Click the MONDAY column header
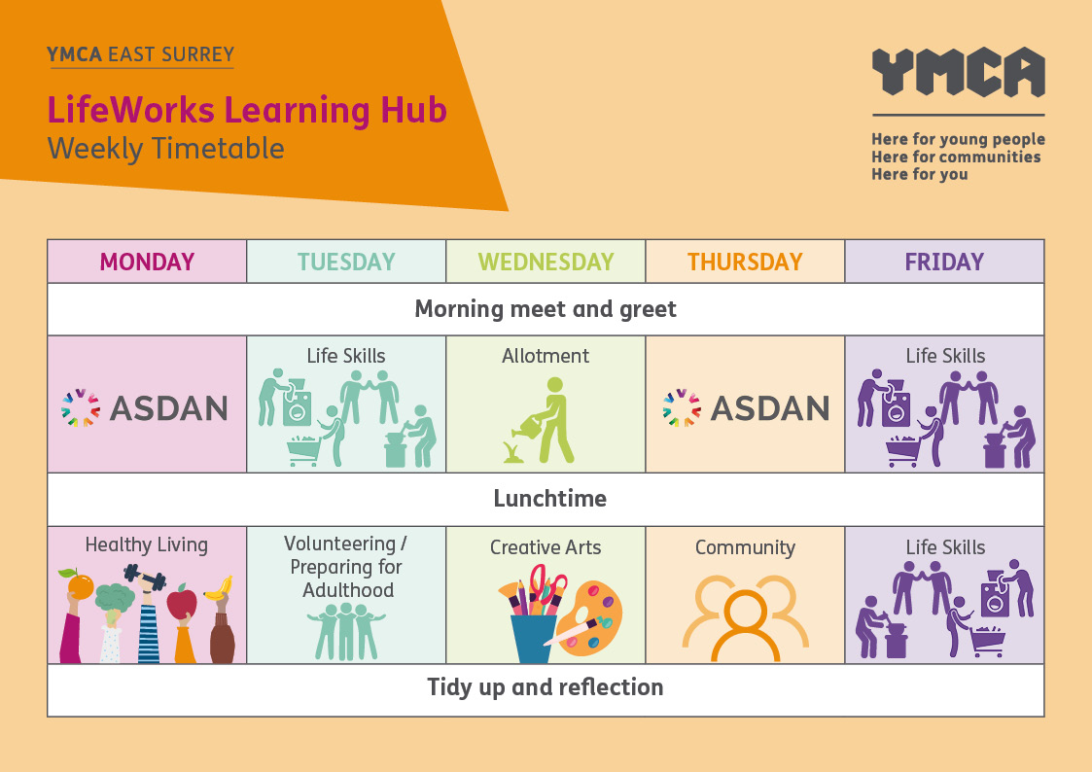click(147, 262)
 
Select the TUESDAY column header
click(346, 262)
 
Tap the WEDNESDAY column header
click(546, 262)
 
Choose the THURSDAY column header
click(745, 262)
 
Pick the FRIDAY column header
click(944, 262)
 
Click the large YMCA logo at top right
click(958, 72)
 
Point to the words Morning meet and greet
click(546, 309)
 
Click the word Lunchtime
click(549, 499)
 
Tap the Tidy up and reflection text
click(546, 687)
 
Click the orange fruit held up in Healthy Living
click(80, 585)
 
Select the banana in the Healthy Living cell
click(219, 589)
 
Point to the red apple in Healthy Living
click(182, 602)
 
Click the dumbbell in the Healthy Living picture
click(145, 578)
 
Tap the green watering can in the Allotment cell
click(528, 426)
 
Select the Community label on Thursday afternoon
click(745, 547)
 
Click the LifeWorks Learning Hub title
click(247, 110)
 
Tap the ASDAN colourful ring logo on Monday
click(80, 408)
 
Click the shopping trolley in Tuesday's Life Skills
click(303, 450)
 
